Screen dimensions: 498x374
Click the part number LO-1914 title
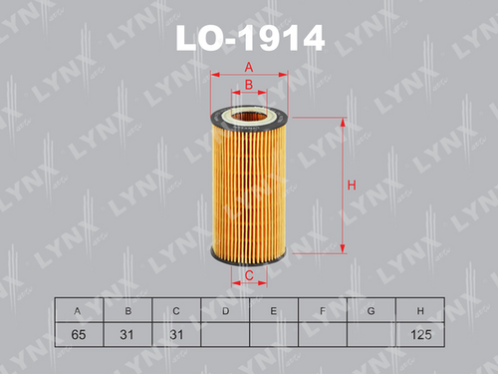(x=250, y=38)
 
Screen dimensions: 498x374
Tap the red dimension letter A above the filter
(x=249, y=68)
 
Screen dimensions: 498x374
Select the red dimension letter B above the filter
(x=249, y=85)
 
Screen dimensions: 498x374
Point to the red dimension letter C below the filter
(x=249, y=275)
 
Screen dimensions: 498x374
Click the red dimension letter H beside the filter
(x=352, y=185)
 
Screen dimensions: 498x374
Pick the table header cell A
(x=79, y=310)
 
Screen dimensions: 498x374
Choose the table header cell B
(x=127, y=310)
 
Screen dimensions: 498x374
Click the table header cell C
(x=176, y=310)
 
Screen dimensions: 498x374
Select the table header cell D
(x=225, y=310)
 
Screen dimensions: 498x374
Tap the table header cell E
(x=274, y=310)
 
